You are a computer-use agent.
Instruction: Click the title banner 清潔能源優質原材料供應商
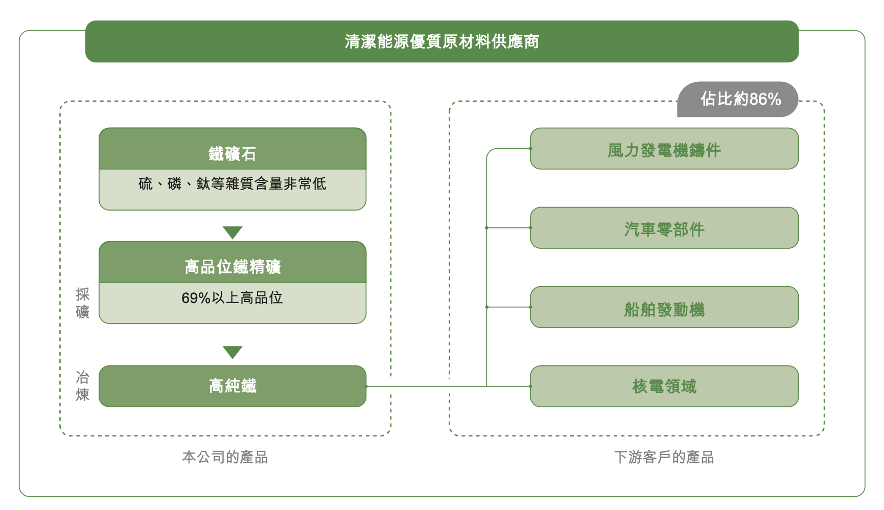[441, 41]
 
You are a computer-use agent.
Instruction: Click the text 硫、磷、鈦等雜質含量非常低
[232, 184]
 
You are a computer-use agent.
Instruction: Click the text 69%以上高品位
[232, 298]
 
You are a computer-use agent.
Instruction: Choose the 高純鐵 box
[232, 386]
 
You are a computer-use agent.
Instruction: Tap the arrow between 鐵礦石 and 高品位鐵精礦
[232, 233]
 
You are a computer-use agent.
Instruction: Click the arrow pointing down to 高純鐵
[232, 352]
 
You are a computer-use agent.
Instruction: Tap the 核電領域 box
[664, 386]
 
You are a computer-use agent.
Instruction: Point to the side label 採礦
[82, 303]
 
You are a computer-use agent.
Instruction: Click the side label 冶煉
[82, 386]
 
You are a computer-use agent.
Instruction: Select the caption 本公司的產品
[225, 457]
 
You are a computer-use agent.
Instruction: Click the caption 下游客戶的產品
[664, 457]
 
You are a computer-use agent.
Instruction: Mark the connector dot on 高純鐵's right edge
[366, 386]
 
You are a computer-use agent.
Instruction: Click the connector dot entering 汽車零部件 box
[530, 228]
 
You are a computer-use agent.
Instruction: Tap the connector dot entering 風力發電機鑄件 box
[530, 149]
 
